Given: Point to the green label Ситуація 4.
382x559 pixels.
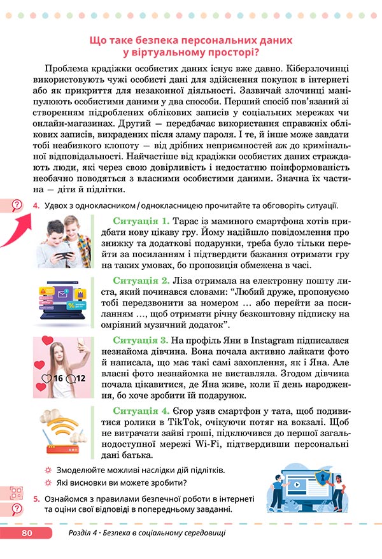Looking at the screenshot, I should pos(141,411).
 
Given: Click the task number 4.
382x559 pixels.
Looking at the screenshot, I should pos(36,204).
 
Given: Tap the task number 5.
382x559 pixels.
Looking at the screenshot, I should pos(36,499).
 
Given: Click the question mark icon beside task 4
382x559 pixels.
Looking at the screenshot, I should pos(17,204).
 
